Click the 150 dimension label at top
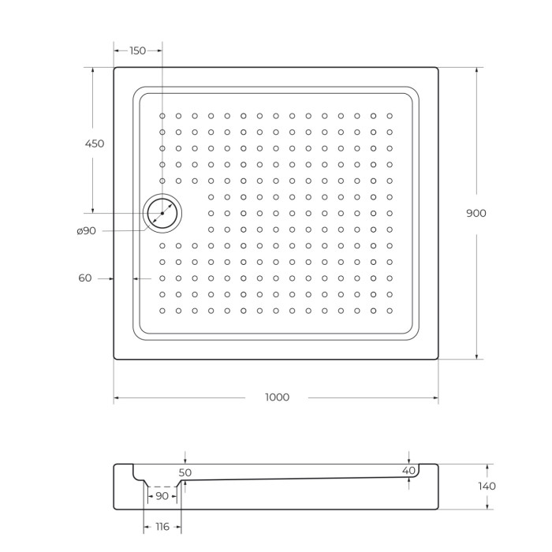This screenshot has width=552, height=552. point(137,50)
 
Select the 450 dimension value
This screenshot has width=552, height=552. point(94,144)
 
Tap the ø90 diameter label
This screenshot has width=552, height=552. point(86,230)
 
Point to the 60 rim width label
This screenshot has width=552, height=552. point(85,278)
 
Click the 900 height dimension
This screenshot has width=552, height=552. point(476,213)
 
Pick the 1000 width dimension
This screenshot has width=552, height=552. point(276,397)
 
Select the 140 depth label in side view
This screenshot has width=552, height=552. point(487,486)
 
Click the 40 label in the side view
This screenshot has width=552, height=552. point(408,471)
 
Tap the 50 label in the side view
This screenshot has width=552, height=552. point(185,472)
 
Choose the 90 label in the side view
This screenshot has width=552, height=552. point(162,496)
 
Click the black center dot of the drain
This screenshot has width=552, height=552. point(162,213)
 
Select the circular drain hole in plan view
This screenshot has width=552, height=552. point(162,213)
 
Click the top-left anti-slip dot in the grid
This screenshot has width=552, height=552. point(162,116)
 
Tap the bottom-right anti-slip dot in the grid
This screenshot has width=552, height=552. point(389,311)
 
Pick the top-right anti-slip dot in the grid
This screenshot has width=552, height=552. point(389,116)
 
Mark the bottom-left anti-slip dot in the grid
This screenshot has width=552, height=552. point(162,311)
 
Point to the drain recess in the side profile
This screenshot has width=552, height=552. point(162,481)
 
